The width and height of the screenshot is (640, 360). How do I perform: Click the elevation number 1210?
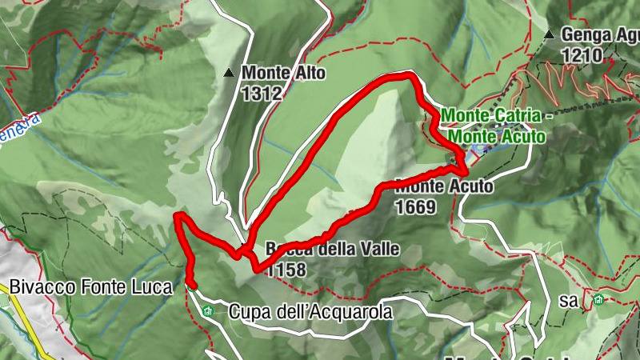(582, 55)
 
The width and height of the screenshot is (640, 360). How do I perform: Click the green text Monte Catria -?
(497, 116)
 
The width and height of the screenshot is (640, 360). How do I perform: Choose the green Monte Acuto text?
(497, 137)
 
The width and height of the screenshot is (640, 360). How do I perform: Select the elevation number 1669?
(415, 207)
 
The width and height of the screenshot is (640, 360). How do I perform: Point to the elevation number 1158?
(286, 270)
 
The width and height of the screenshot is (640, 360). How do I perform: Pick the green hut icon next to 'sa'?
(598, 301)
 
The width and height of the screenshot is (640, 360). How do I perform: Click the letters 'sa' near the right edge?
(570, 301)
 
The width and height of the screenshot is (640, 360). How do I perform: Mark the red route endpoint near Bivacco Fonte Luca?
(191, 282)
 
